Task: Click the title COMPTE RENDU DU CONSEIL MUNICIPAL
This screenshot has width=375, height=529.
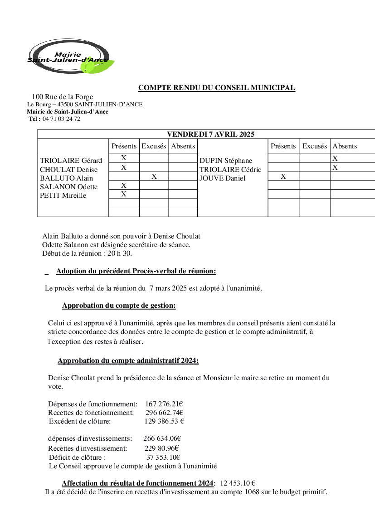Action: coord(217,88)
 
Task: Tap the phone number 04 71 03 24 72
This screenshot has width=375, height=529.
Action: coord(61,119)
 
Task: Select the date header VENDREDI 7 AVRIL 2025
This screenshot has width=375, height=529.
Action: coord(210,134)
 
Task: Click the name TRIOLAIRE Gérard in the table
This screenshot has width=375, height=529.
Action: coord(71,161)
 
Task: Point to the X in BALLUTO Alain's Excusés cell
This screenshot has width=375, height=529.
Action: coord(154,176)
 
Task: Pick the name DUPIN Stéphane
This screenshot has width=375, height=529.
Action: coord(226,161)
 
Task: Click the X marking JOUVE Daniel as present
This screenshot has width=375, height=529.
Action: coord(283,176)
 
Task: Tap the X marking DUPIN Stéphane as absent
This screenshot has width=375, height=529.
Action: coord(335,158)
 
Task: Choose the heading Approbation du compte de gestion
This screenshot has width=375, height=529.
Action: coord(119,305)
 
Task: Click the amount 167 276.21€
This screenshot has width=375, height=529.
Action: coord(164,404)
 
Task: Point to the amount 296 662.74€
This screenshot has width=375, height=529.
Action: coord(164,412)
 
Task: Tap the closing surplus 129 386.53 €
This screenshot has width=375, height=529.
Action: coord(164,421)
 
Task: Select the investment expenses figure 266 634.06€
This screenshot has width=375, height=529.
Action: coord(162,438)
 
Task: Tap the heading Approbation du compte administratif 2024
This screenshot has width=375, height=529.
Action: coord(128,361)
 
